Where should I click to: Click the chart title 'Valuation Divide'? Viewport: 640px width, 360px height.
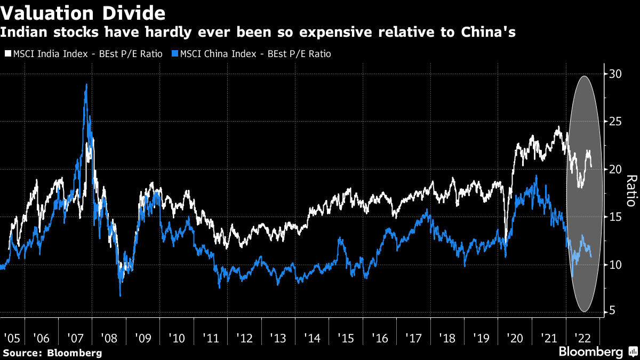coord(83,12)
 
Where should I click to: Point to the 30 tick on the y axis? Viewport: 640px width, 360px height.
coord(614,74)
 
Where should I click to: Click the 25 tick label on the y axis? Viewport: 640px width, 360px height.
coord(614,122)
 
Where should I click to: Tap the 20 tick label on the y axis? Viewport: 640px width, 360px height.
coord(614,170)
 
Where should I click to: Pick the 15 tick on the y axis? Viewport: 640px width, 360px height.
coord(614,217)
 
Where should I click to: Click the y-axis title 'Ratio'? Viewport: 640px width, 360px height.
coord(630,191)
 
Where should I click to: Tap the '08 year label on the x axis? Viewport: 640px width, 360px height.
coord(109,338)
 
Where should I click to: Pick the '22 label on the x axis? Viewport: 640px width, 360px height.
coord(581,338)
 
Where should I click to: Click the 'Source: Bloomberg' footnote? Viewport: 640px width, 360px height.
coord(52,353)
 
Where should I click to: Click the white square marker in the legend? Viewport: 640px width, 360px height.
coord(7,54)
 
